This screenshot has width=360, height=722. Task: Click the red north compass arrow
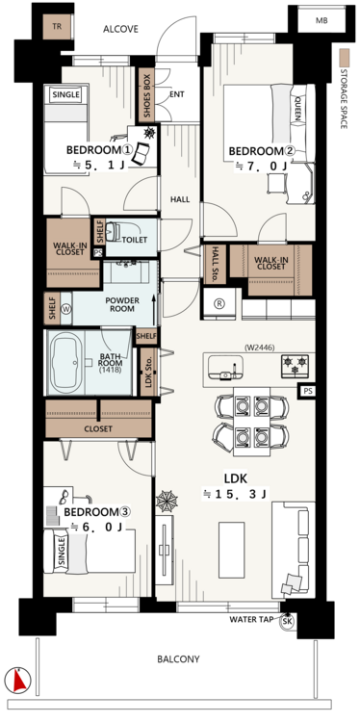click(18, 680)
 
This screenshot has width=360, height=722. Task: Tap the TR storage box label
click(57, 27)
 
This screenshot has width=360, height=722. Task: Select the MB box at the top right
click(321, 20)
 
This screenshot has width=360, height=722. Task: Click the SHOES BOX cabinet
click(147, 95)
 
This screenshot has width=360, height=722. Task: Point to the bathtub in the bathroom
click(64, 362)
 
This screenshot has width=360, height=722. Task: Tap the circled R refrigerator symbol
click(219, 304)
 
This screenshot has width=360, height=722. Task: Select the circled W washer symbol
click(65, 309)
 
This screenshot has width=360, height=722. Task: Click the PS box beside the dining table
click(308, 391)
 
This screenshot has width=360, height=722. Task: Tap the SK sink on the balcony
click(287, 622)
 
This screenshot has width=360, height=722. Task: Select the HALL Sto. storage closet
click(215, 265)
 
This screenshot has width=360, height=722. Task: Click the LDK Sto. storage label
click(148, 372)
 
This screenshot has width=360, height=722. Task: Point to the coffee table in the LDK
click(232, 550)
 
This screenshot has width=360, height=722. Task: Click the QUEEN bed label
click(296, 109)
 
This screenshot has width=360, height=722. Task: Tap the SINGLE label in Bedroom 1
click(66, 95)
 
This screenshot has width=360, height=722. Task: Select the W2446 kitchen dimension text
click(259, 348)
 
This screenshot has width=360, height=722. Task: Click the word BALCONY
click(179, 658)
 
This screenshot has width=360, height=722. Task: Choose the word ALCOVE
click(120, 30)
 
